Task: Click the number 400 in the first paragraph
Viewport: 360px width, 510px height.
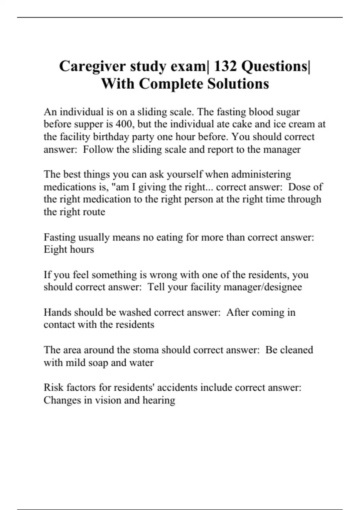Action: click(x=124, y=124)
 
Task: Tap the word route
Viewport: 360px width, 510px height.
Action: click(x=95, y=212)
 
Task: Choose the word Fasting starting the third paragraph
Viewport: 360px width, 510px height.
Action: click(x=59, y=237)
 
